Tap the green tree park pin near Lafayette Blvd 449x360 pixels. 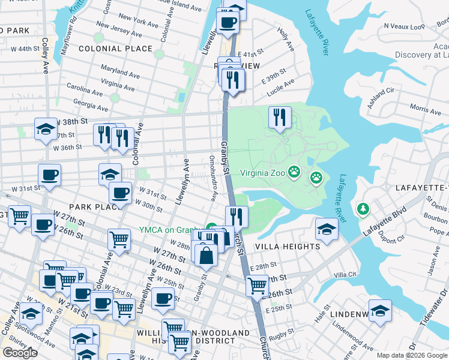(363, 209)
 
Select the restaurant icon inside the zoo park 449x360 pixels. (279, 118)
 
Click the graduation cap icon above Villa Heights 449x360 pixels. (326, 229)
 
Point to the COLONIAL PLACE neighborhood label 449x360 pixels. (115, 49)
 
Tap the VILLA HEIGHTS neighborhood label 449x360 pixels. (288, 247)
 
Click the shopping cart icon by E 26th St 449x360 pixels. (257, 284)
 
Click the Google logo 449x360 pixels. (20, 352)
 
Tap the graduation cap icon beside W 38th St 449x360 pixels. (45, 129)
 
